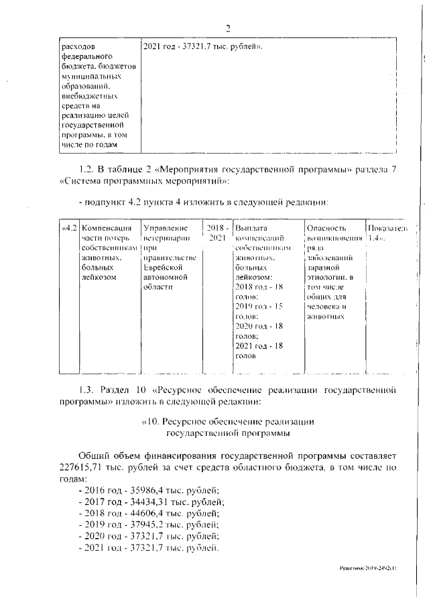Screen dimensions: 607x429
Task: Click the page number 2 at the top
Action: click(227, 27)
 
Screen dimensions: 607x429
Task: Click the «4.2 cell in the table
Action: click(68, 229)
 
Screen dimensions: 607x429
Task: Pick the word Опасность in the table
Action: click(325, 229)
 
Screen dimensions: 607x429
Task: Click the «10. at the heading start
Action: click(152, 421)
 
